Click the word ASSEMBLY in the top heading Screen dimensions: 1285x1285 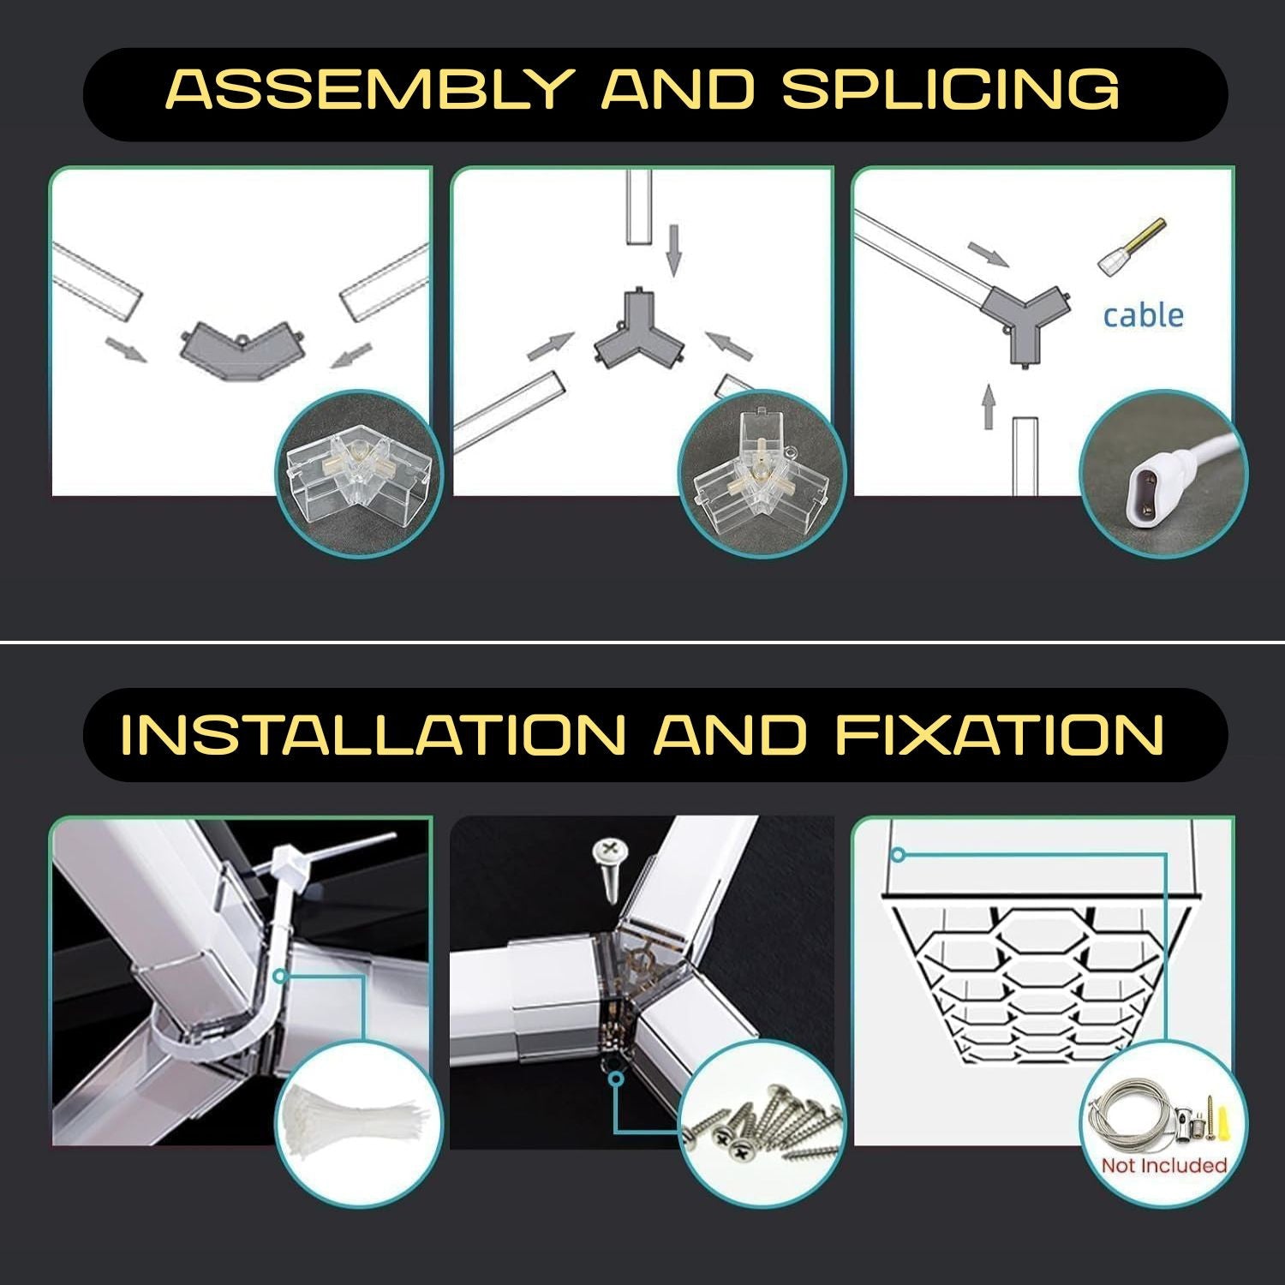pyautogui.click(x=368, y=88)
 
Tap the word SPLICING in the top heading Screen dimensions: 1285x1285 pyautogui.click(x=950, y=88)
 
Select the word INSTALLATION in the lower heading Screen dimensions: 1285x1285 pyautogui.click(x=371, y=734)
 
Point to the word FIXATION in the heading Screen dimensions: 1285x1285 pyautogui.click(x=999, y=734)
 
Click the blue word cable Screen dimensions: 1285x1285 pyautogui.click(x=1143, y=315)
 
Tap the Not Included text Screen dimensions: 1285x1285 pyautogui.click(x=1164, y=1165)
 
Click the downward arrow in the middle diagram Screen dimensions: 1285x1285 pyautogui.click(x=674, y=249)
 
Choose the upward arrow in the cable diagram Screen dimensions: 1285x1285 pyautogui.click(x=989, y=407)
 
